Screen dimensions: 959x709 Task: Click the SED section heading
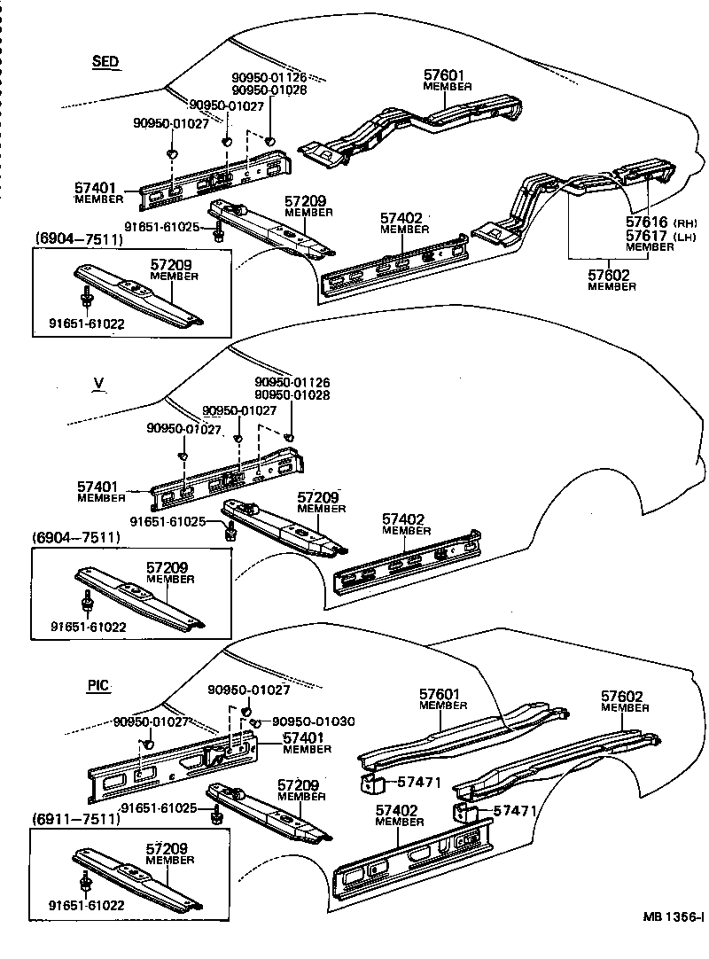point(105,61)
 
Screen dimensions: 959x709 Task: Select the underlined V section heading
point(99,384)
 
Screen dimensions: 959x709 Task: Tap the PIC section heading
point(99,685)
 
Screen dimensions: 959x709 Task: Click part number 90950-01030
point(313,721)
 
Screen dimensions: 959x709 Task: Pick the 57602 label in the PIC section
point(622,697)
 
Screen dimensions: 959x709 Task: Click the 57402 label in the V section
point(404,518)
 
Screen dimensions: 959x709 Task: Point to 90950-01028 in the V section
point(292,395)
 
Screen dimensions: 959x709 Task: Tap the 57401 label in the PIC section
point(305,737)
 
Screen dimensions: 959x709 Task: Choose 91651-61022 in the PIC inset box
point(87,905)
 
